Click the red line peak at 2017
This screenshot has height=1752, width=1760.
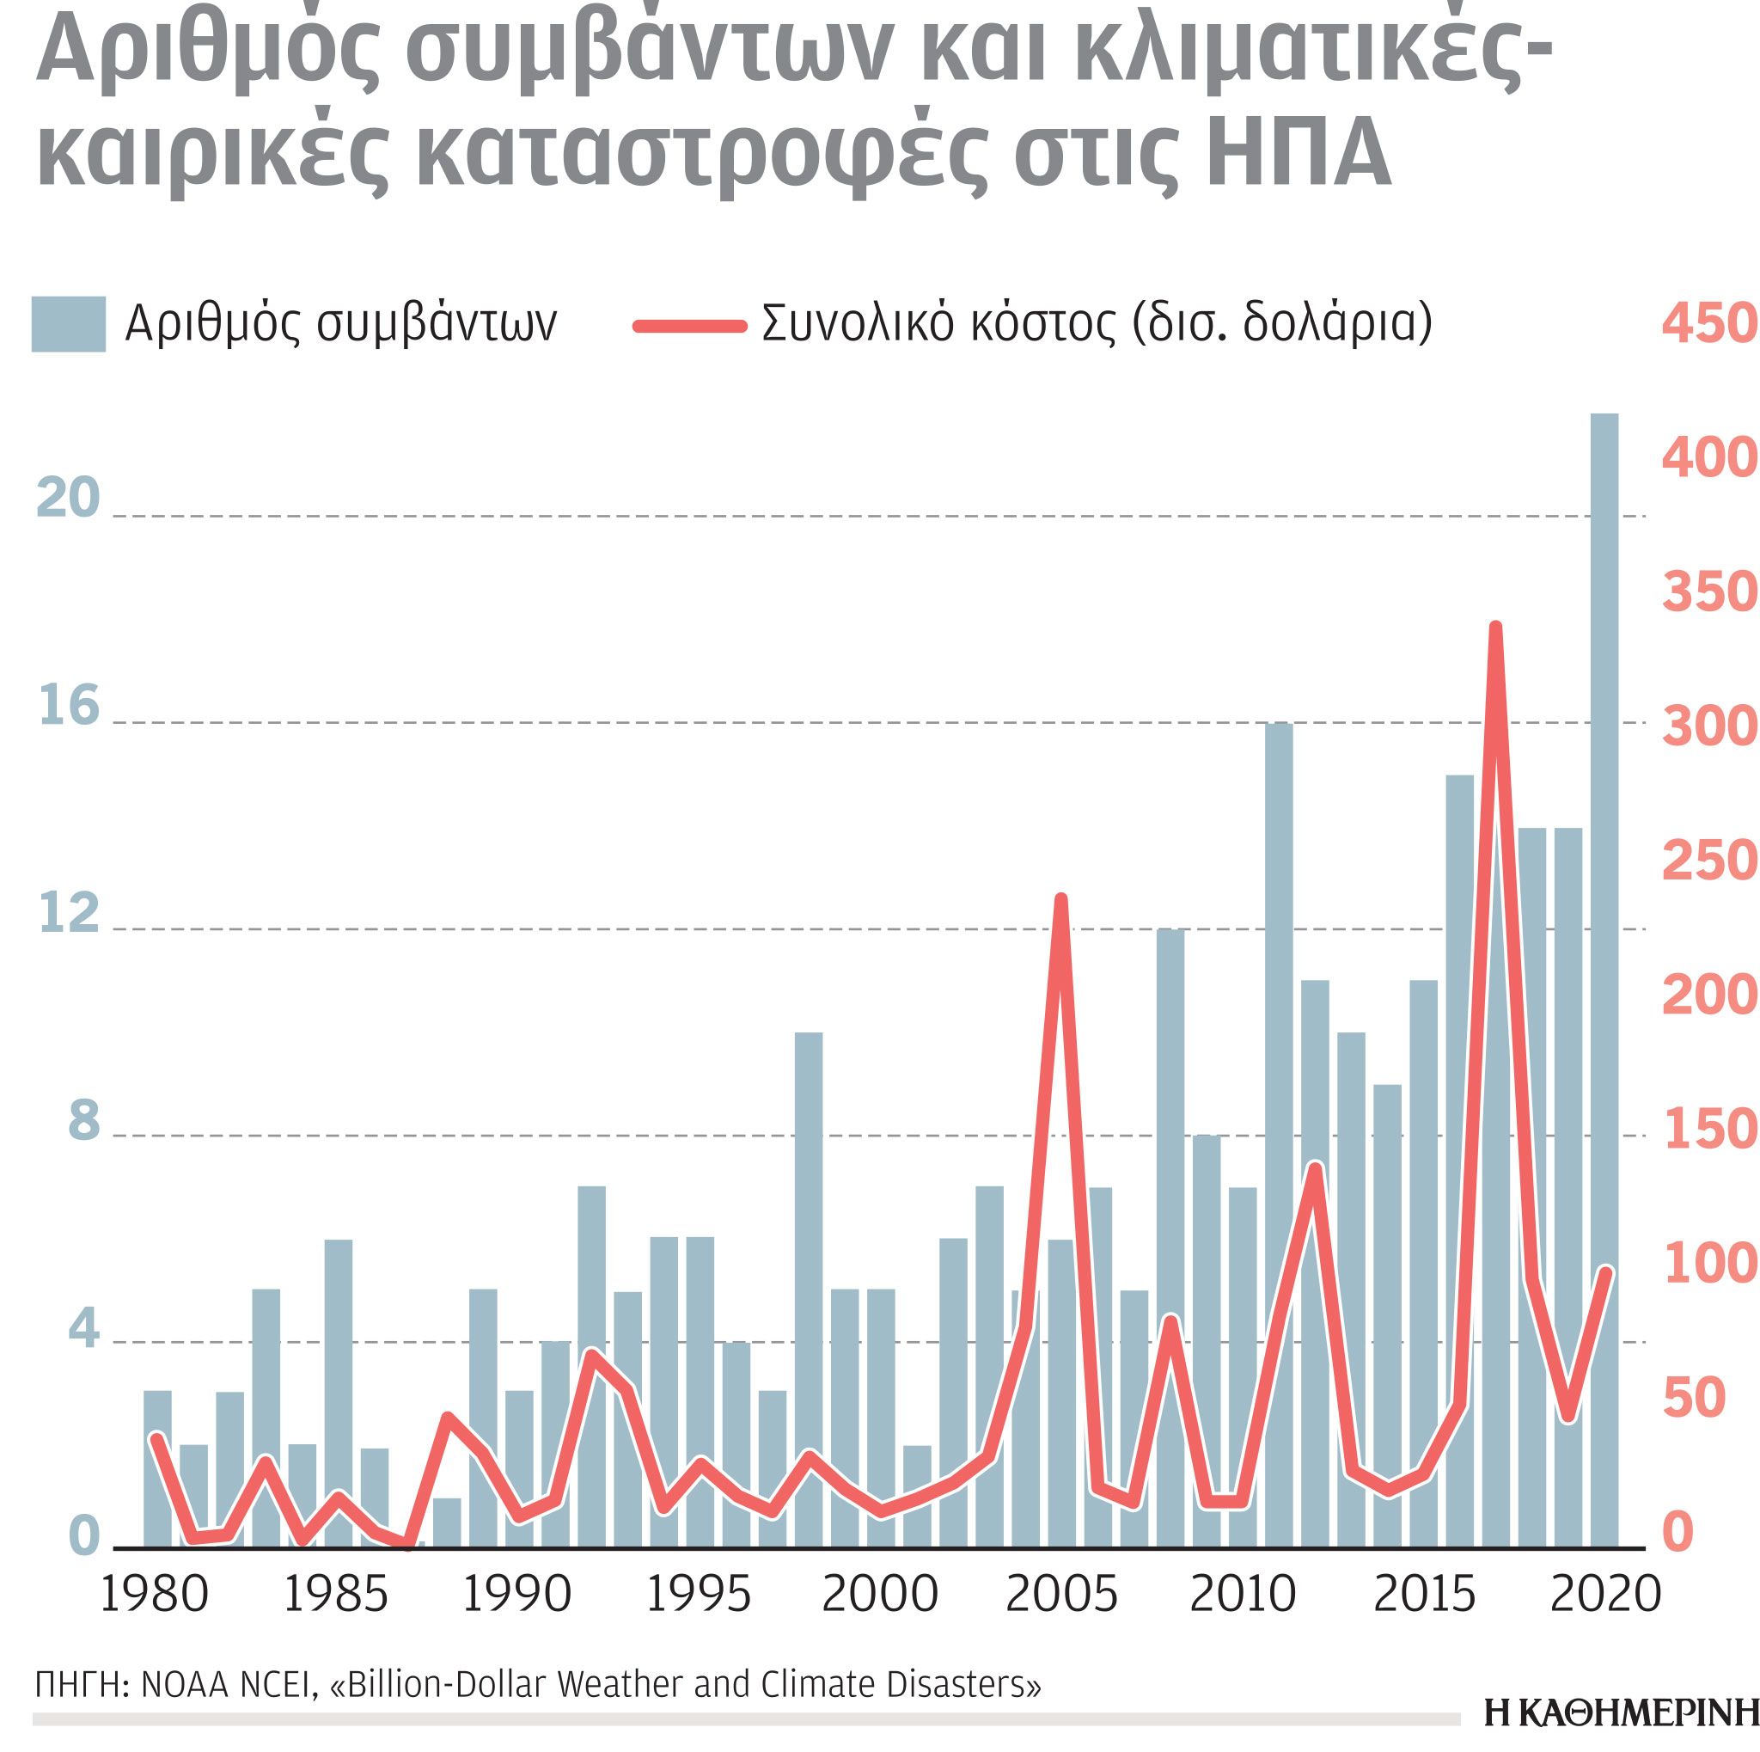click(x=1495, y=628)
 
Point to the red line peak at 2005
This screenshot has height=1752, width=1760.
click(x=1061, y=900)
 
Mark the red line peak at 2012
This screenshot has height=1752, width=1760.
click(x=1315, y=1169)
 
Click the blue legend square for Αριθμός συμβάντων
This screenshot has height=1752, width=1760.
click(x=69, y=323)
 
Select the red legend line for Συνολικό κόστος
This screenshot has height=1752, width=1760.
click(x=689, y=326)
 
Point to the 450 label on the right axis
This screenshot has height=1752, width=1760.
click(x=1709, y=323)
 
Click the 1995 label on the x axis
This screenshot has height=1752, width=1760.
click(x=698, y=1594)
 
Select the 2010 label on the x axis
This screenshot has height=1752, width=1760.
click(x=1243, y=1594)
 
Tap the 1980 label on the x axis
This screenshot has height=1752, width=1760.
click(x=154, y=1594)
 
